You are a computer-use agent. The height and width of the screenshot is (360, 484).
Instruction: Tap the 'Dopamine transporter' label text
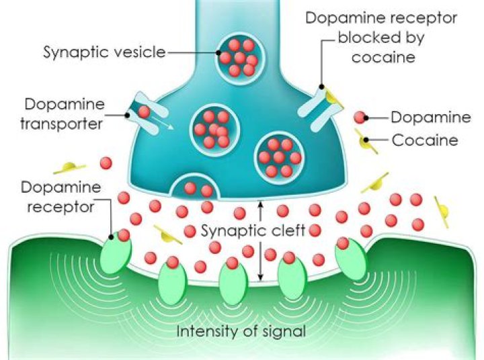pos(63,114)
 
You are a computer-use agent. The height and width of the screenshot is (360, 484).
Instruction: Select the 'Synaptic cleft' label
pos(253,231)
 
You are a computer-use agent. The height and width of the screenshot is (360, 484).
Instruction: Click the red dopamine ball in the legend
pos(361,118)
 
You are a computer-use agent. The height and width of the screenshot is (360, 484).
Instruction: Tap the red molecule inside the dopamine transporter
pos(144,111)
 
